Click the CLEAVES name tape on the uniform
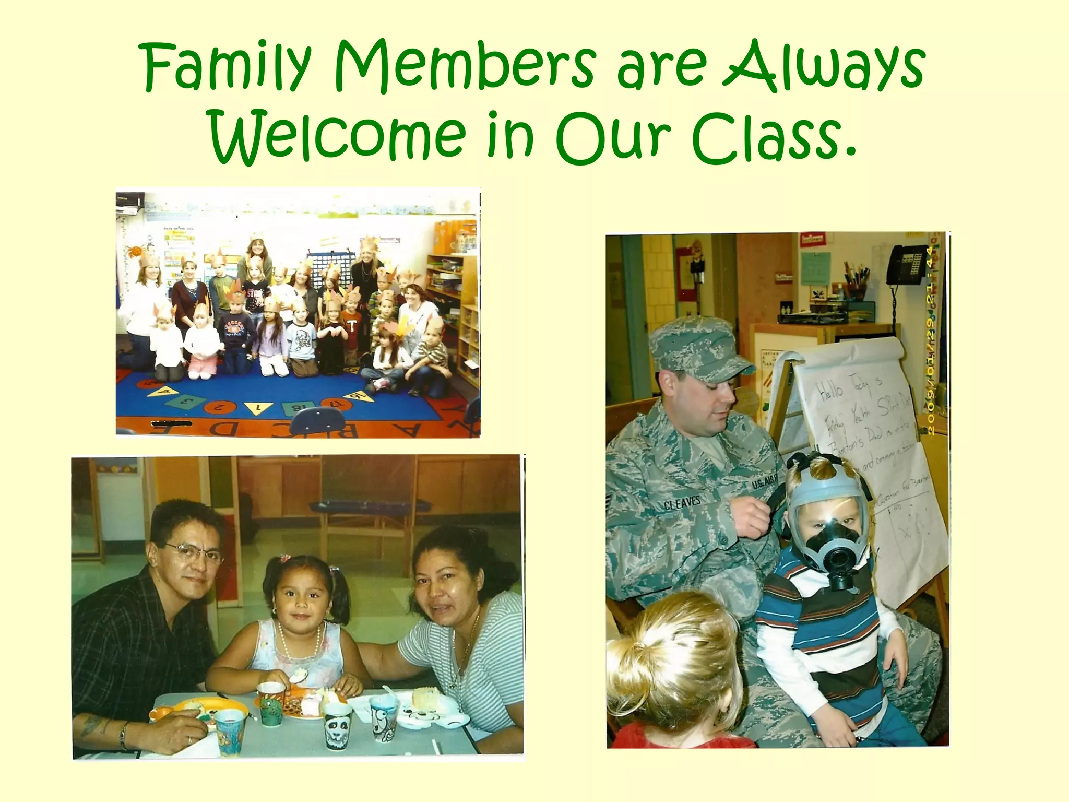pos(682,503)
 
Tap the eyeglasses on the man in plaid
pos(193,552)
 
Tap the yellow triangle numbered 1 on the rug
pos(257,408)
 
